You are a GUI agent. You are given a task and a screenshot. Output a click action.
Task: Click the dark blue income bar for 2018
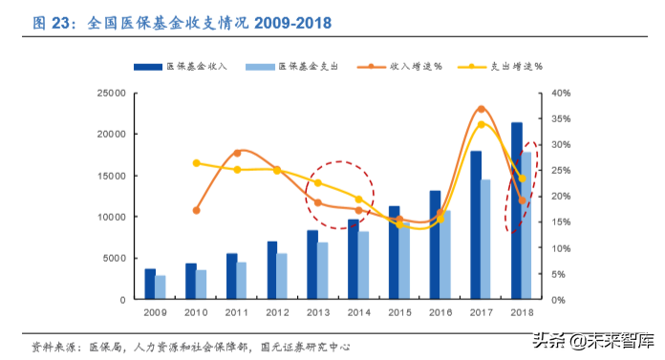click(x=517, y=210)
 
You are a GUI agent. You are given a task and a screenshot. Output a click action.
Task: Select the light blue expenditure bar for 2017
click(x=486, y=239)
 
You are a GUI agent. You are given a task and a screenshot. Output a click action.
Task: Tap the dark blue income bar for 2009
click(x=150, y=284)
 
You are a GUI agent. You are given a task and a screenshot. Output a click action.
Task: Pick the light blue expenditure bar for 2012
click(x=282, y=276)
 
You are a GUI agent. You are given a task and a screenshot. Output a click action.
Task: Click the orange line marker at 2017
click(x=481, y=109)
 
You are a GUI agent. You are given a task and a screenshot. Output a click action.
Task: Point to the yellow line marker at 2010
click(x=197, y=163)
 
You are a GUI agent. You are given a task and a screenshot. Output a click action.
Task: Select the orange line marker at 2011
click(x=237, y=152)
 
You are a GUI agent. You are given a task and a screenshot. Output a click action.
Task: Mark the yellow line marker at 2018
click(x=522, y=178)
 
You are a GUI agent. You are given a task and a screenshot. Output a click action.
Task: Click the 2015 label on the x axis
click(x=400, y=312)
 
